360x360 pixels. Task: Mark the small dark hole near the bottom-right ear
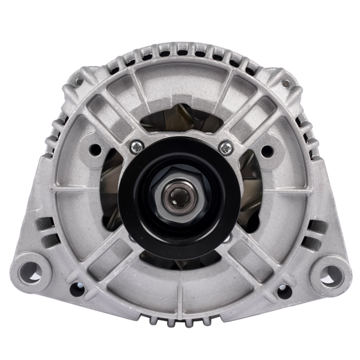[283, 290]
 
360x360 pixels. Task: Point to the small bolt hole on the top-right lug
[287, 83]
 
